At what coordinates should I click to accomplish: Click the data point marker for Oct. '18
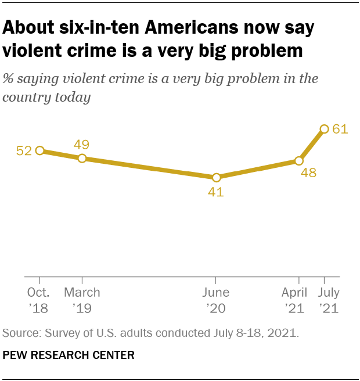point(39,150)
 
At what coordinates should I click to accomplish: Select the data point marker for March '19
point(82,159)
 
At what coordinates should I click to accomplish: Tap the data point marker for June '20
point(216,178)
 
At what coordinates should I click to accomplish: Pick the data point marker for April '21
point(299,161)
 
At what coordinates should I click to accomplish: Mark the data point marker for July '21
point(324,129)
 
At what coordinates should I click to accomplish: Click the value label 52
point(24,151)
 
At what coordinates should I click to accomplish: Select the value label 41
point(216,192)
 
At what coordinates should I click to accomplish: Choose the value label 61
point(340,129)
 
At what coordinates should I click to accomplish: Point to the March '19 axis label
point(82,300)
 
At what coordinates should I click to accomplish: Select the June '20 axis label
point(216,300)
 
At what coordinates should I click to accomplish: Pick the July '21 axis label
point(328,300)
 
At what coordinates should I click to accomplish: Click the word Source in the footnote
point(19,333)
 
